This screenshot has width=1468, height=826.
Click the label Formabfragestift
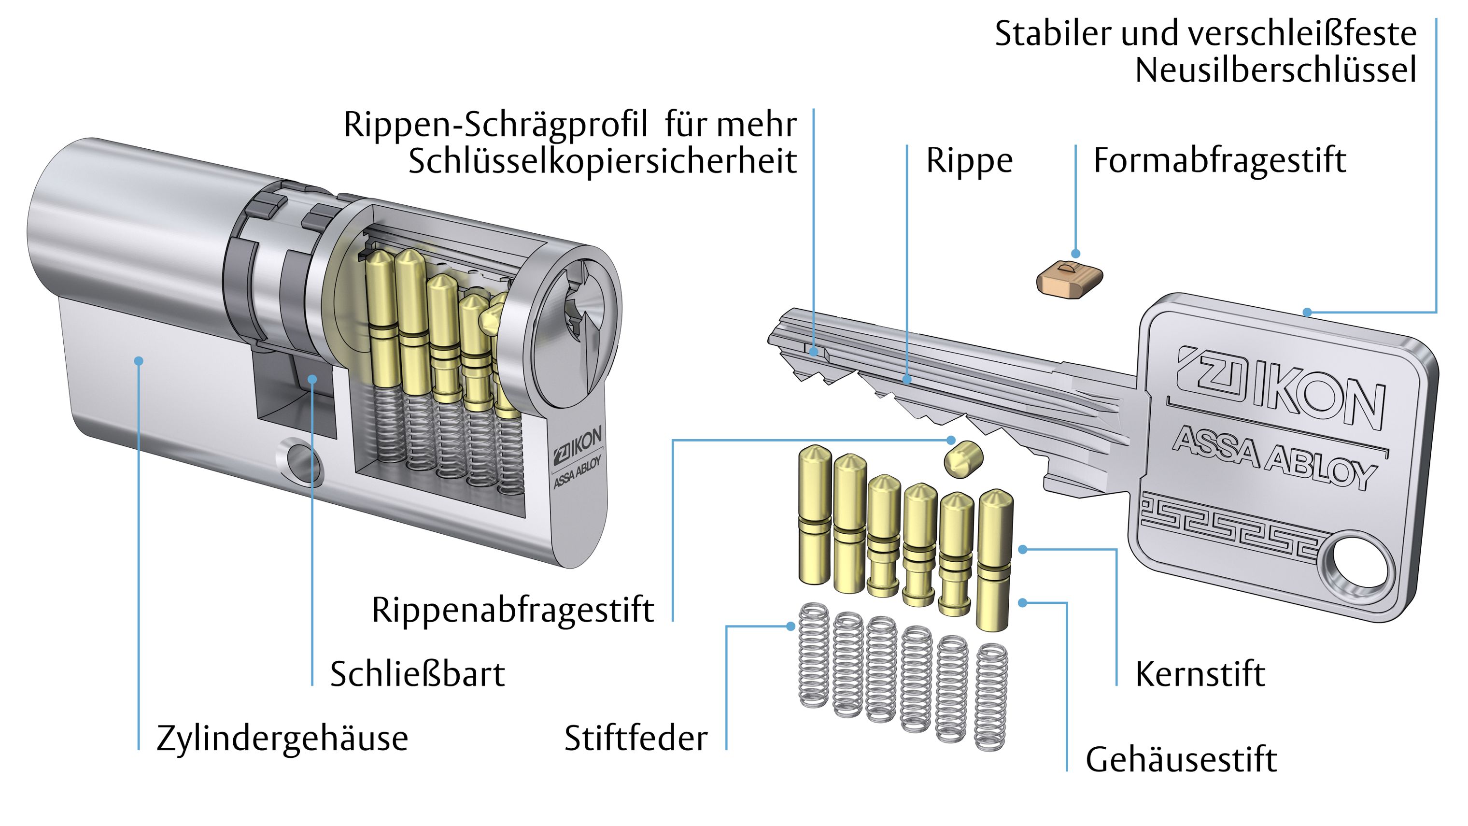[x=1219, y=161]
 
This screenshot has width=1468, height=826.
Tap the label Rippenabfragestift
[x=512, y=611]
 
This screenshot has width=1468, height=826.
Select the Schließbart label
[x=417, y=674]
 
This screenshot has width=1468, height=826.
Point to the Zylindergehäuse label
[x=282, y=739]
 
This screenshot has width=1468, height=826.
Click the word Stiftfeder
[x=635, y=739]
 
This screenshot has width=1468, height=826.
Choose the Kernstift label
[x=1200, y=674]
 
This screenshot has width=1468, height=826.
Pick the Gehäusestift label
[x=1181, y=760]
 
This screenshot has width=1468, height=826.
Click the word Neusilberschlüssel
[x=1275, y=71]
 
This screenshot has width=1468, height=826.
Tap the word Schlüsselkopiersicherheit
[x=602, y=161]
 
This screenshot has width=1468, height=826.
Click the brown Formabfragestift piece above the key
[x=1069, y=279]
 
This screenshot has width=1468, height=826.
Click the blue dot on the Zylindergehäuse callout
[x=139, y=361]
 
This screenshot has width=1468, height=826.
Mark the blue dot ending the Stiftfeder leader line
[x=790, y=626]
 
